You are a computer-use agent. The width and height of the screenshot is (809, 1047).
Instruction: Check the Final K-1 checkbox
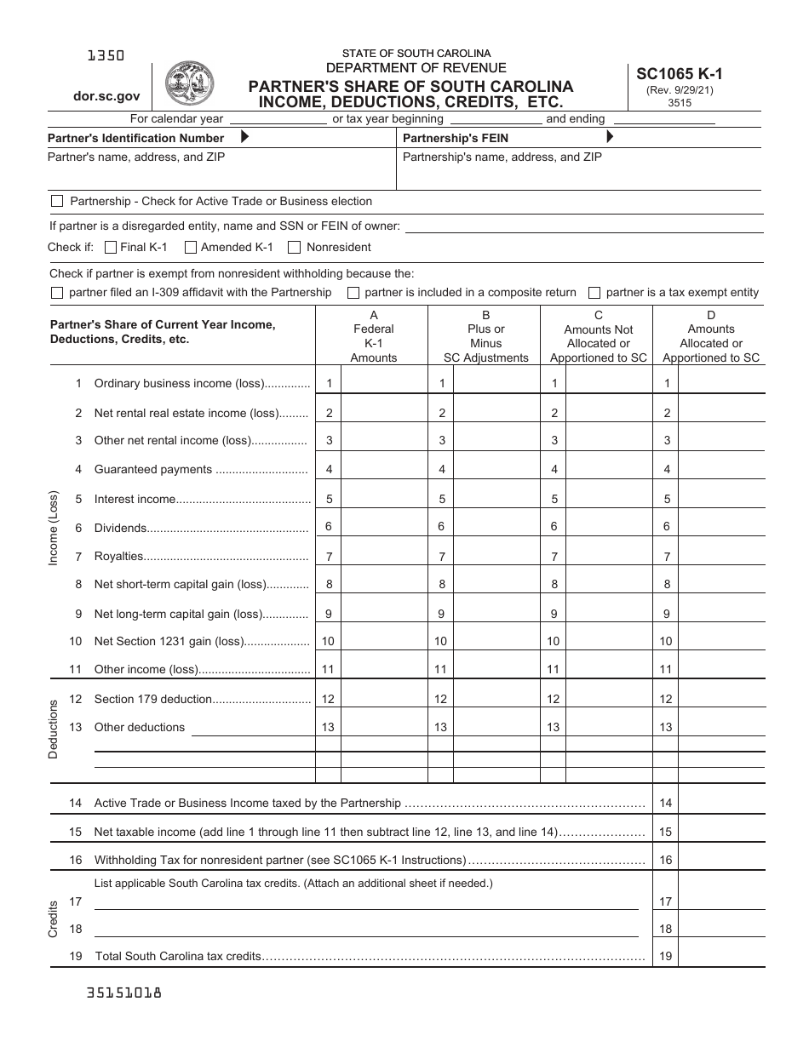pyautogui.click(x=110, y=248)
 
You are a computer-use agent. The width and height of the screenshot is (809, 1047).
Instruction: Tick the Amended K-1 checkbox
pyautogui.click(x=190, y=248)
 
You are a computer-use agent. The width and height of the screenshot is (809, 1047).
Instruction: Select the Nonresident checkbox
pyautogui.click(x=295, y=248)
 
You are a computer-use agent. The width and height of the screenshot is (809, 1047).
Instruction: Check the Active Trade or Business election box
pyautogui.click(x=57, y=202)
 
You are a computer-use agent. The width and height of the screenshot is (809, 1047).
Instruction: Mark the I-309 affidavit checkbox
pyautogui.click(x=57, y=293)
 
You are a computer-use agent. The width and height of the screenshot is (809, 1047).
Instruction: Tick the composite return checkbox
pyautogui.click(x=353, y=293)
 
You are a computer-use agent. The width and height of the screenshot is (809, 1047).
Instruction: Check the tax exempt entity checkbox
pyautogui.click(x=594, y=293)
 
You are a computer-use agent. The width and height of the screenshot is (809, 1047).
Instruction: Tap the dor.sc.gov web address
pyautogui.click(x=106, y=97)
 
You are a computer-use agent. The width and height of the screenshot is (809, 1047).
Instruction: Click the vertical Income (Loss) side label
pyautogui.click(x=54, y=528)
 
